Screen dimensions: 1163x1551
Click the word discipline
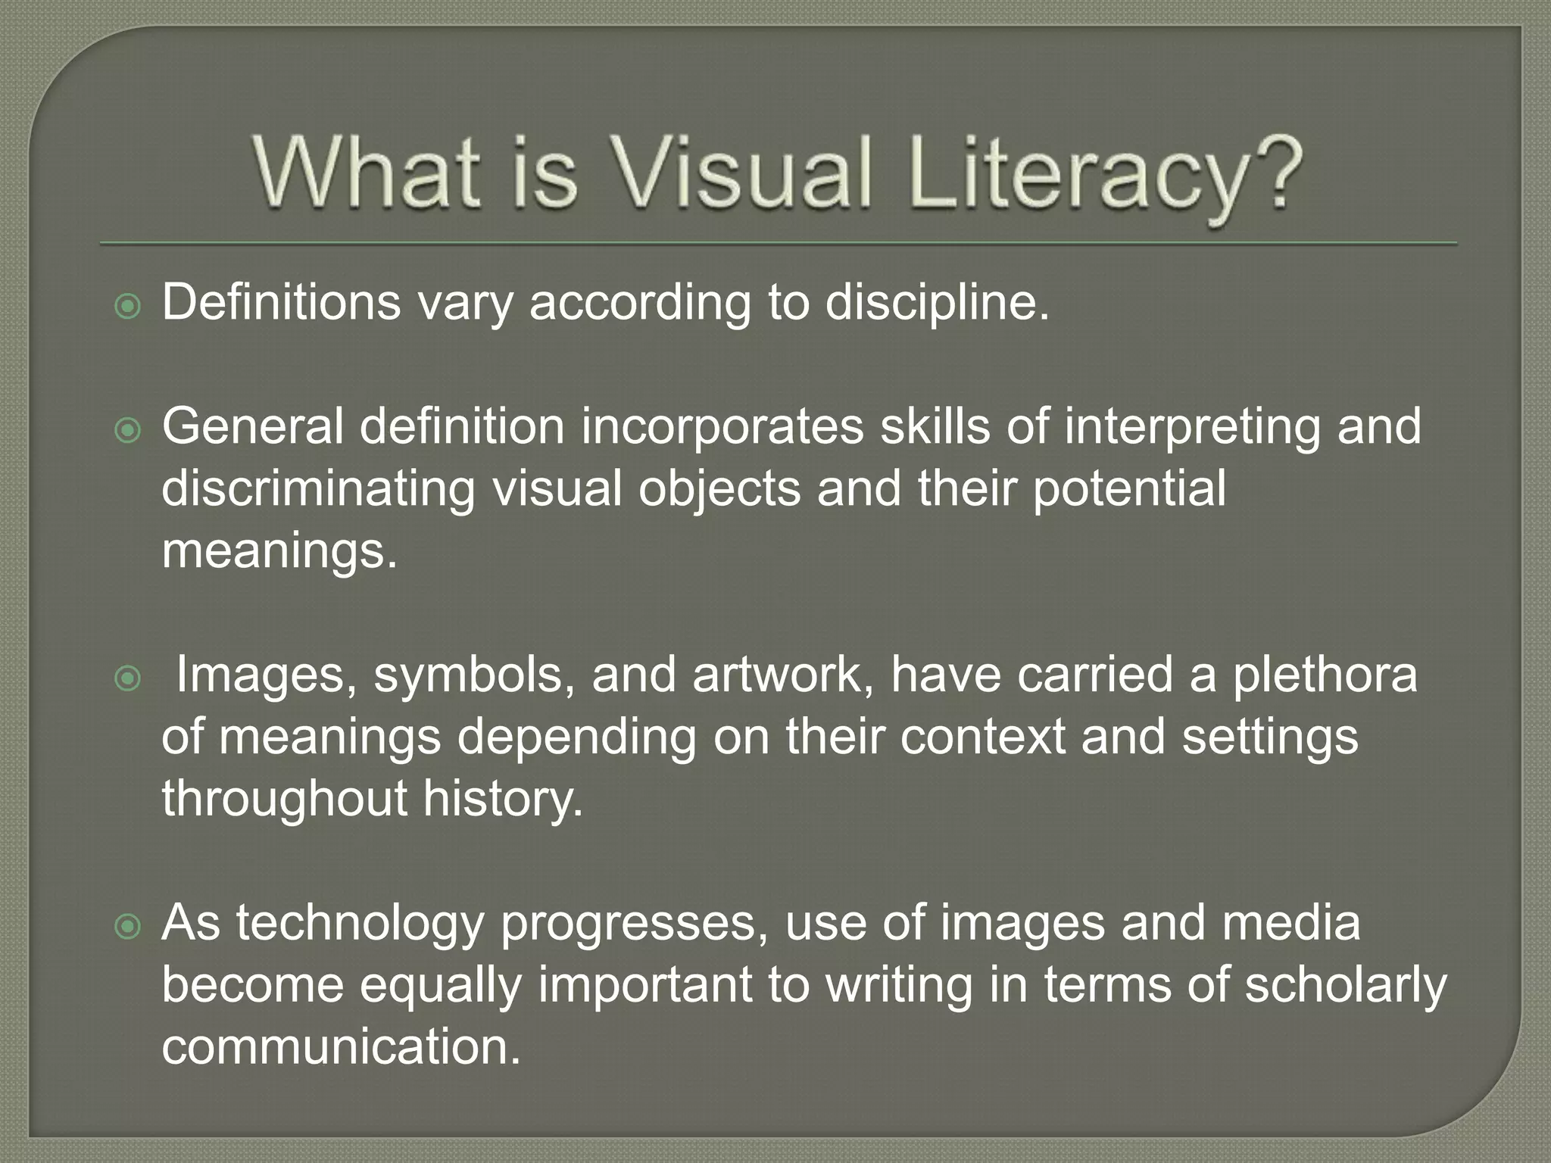938,303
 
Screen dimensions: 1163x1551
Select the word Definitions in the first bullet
281,303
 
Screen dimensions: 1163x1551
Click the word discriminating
319,488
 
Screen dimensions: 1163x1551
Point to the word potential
1129,488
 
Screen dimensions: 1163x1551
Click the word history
503,799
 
